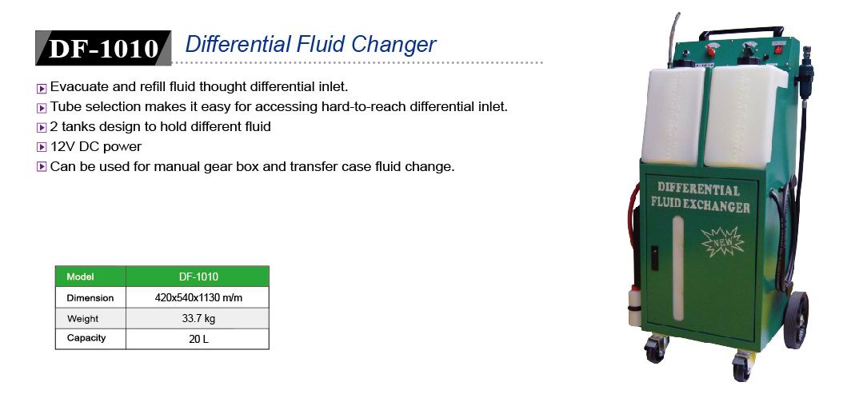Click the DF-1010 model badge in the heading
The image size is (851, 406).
coord(103,48)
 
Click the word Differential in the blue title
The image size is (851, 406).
coord(238,45)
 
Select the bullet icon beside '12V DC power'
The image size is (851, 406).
coord(42,147)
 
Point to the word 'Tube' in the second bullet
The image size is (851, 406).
coord(62,106)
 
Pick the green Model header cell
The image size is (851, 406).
coord(90,277)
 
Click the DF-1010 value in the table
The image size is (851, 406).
coord(198,277)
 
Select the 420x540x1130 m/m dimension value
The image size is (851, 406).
coord(198,297)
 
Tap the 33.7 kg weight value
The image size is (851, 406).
coord(198,318)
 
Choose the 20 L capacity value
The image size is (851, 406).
coord(198,340)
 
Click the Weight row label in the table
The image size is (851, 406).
coord(83,319)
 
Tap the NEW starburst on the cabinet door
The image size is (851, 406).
coord(723,241)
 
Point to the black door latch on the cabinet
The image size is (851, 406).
coord(654,258)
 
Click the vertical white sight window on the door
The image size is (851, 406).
coord(678,269)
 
